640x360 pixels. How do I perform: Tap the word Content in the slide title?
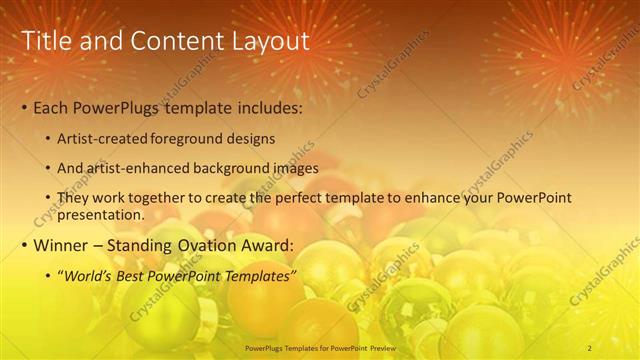(164, 41)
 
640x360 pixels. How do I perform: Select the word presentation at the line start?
(102, 214)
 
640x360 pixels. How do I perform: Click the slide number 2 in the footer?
(590, 347)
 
